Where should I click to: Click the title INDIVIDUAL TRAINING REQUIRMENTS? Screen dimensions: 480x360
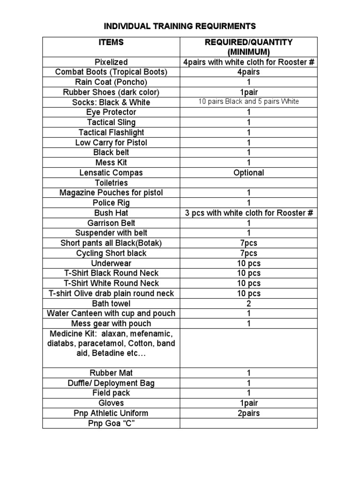[180, 25]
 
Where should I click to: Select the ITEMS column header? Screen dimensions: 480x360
[111, 42]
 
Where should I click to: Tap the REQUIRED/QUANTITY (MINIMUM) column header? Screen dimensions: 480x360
[248, 47]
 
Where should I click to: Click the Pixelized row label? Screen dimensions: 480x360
[111, 62]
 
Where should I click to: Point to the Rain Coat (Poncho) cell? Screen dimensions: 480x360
[111, 82]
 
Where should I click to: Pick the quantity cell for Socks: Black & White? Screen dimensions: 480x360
[248, 102]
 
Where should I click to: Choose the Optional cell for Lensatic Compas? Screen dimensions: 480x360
[248, 172]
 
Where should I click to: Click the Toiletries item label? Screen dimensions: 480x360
[111, 183]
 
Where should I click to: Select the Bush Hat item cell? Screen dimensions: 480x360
[111, 213]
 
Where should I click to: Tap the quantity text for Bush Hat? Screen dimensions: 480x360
[248, 213]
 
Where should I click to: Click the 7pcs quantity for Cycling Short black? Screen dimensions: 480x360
[248, 253]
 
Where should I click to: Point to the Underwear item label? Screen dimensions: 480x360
[111, 263]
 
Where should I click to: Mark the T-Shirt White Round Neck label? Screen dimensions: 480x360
[111, 283]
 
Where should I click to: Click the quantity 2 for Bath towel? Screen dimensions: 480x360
[248, 303]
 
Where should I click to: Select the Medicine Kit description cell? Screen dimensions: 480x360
[111, 343]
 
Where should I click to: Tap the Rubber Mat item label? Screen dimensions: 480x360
[111, 373]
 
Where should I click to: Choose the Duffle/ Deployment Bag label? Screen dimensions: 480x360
[111, 383]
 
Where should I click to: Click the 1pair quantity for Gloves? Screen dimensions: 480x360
[248, 403]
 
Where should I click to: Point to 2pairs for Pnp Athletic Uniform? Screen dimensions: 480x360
[248, 413]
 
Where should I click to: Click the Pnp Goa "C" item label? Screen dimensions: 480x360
[111, 423]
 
